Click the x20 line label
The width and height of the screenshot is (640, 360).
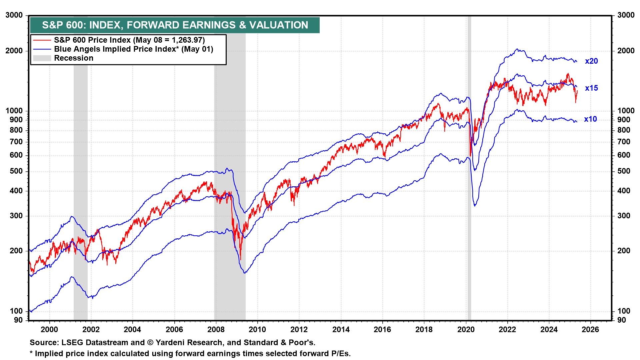591,61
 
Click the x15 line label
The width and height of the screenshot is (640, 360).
591,88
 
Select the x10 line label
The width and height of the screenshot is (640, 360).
590,119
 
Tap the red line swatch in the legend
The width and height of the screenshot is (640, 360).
42,40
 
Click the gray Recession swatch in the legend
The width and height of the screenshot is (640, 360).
42,58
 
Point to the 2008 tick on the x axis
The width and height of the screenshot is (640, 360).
216,330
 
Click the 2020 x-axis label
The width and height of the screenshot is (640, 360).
466,330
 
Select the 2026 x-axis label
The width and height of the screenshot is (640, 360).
590,330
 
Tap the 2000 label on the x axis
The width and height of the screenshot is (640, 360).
49,330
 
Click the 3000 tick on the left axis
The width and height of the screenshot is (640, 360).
14,15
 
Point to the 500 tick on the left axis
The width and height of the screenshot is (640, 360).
16,171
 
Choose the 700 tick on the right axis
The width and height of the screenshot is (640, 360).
624,142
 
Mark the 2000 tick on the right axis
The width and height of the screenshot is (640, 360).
626,51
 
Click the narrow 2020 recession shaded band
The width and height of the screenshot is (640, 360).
469,200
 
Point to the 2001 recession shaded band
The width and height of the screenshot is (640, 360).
80,200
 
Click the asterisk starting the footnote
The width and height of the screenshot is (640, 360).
31,354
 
